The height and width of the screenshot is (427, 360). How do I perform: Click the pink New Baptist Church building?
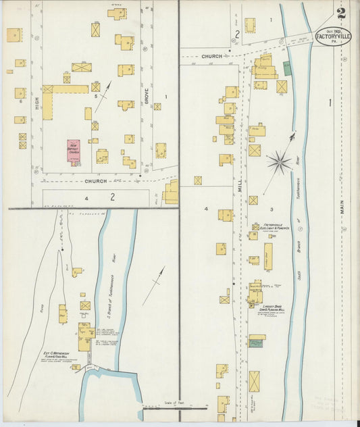(74, 149)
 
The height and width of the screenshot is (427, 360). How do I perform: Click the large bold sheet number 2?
(342, 13)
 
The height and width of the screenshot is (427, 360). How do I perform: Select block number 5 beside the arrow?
(96, 97)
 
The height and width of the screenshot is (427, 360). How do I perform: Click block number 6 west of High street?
(21, 101)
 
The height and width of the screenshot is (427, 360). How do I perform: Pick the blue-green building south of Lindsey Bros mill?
(257, 343)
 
